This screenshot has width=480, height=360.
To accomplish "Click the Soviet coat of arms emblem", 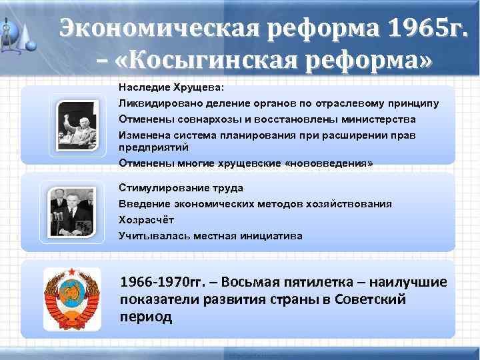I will (x=71, y=299).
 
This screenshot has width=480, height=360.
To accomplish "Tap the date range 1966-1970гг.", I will (x=159, y=283).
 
